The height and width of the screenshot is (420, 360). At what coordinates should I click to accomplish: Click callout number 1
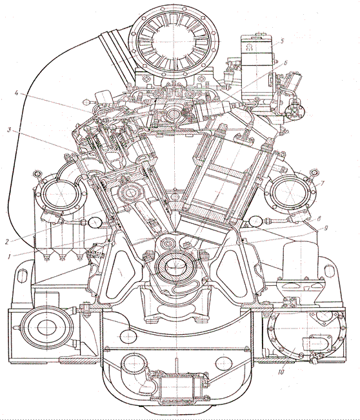coord(9,257)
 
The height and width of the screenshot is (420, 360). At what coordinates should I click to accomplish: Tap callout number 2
coord(8,241)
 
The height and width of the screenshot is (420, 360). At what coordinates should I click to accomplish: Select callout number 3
coord(10,130)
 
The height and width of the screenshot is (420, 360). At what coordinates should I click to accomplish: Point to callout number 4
coord(17,94)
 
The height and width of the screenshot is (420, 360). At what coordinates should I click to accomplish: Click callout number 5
coord(282,41)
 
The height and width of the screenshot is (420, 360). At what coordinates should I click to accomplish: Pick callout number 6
coord(286,63)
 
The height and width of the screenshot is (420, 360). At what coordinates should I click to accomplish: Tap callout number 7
coord(322,183)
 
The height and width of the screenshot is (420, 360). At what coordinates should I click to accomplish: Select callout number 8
coord(319,219)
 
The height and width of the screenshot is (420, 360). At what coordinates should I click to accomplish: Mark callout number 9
coord(326,228)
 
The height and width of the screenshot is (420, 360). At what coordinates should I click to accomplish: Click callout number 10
coord(281,372)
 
